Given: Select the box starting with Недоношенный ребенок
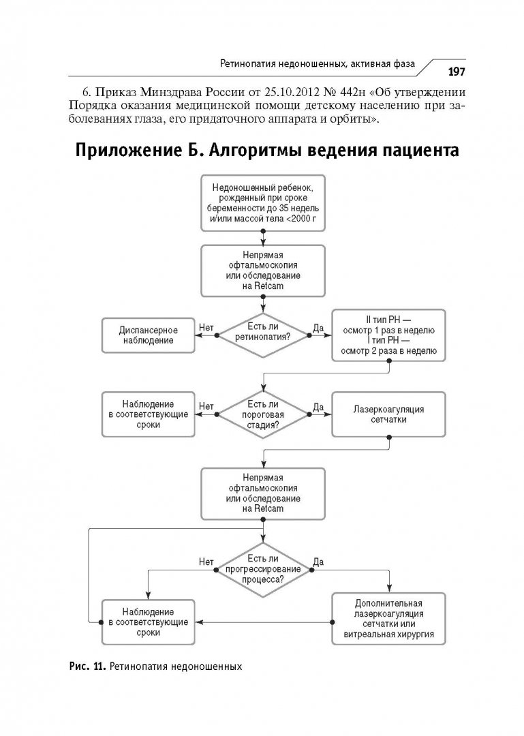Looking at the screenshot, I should [263, 202].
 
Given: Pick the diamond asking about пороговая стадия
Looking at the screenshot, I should [263, 414].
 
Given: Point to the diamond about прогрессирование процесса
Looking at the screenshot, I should [263, 570].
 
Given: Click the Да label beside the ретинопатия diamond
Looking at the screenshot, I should [318, 328].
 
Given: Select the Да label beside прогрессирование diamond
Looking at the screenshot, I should [318, 562].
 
